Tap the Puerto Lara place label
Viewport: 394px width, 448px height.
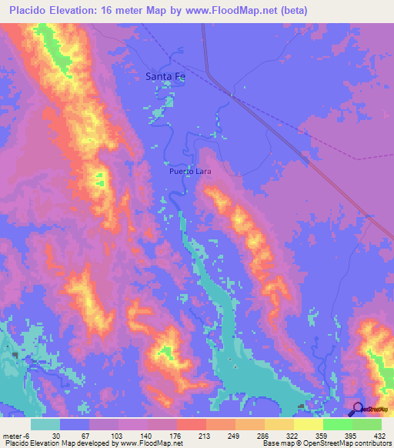190,172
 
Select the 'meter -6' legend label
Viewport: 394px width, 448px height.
16,435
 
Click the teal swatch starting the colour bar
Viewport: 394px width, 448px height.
45,424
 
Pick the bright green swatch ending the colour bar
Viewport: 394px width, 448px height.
367,424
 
